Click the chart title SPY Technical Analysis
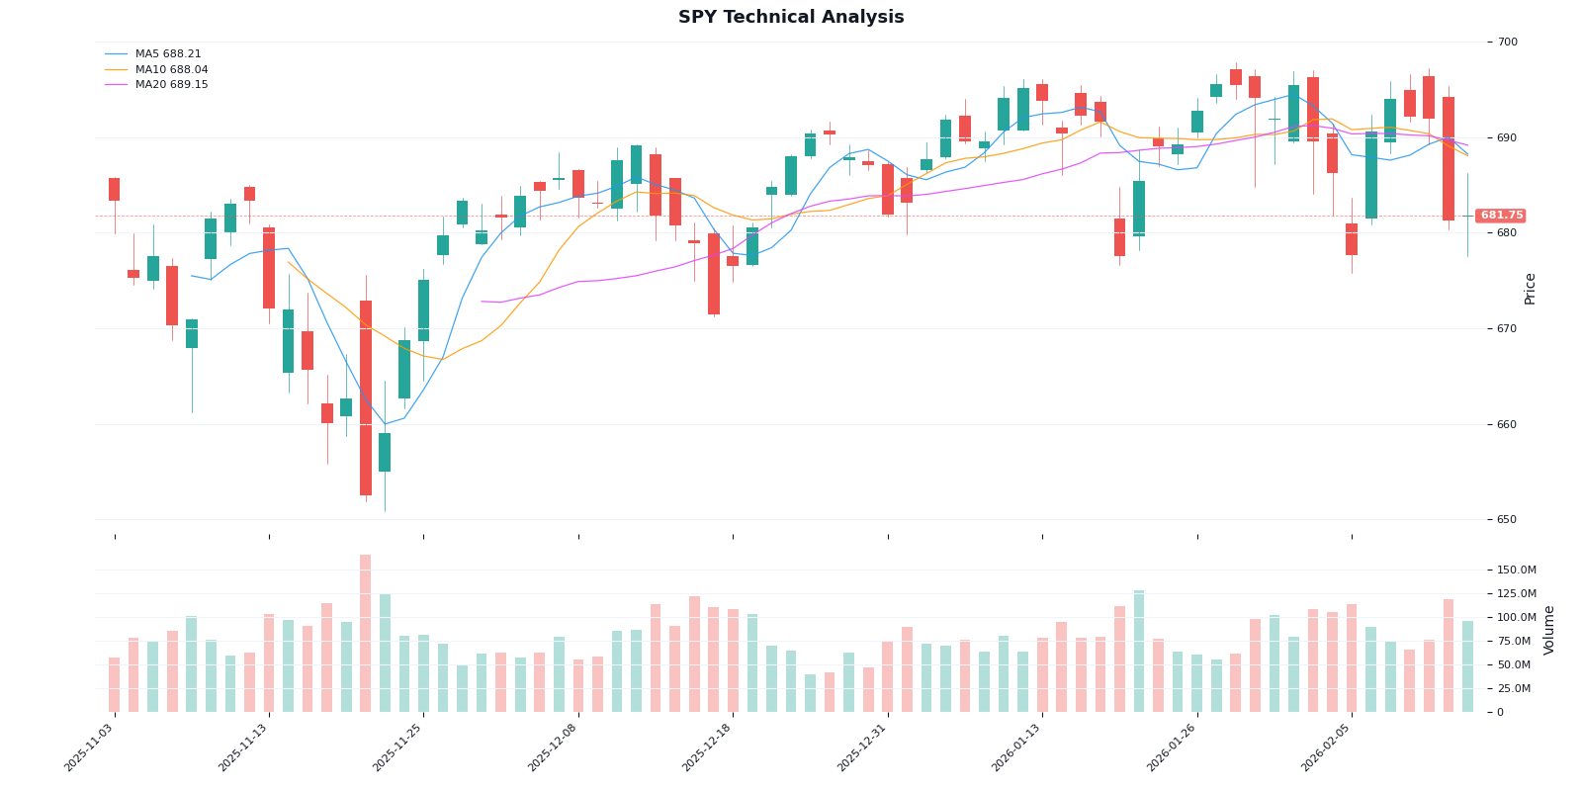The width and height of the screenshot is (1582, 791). click(791, 18)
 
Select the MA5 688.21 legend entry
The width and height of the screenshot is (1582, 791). click(167, 54)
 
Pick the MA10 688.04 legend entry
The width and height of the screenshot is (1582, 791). click(171, 70)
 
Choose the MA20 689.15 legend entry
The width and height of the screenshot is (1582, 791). click(171, 85)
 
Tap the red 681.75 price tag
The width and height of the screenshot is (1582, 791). click(1501, 216)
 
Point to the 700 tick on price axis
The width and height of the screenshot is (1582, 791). click(1507, 43)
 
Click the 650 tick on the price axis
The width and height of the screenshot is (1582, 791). click(1507, 520)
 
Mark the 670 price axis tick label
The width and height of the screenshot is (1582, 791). click(1507, 329)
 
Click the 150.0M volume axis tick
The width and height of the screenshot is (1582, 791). click(1516, 571)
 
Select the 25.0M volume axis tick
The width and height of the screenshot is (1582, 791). click(1516, 689)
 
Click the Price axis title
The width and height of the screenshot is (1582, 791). click(1531, 288)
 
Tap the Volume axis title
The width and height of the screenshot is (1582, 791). click(1549, 630)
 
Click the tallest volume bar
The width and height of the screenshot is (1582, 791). click(366, 633)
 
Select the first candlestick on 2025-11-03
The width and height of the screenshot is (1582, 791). click(115, 190)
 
